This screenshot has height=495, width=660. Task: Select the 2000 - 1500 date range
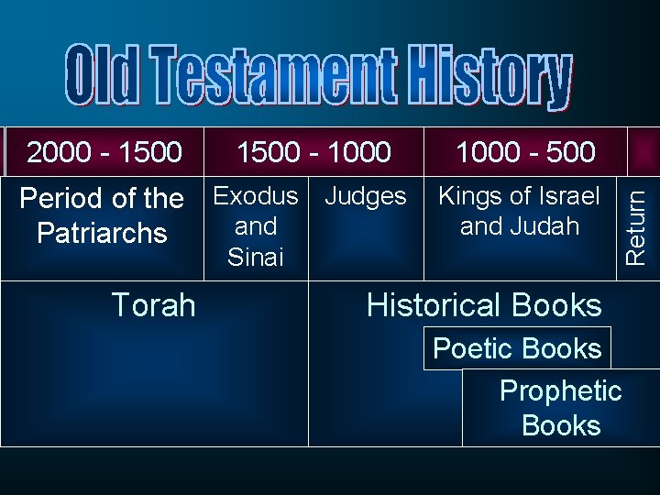click(x=104, y=151)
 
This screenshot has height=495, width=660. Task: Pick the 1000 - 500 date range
click(x=525, y=151)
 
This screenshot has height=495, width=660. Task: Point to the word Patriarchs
click(x=102, y=233)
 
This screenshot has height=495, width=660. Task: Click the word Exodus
click(x=256, y=195)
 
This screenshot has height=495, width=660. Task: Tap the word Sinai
click(x=256, y=258)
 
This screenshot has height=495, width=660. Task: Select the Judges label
click(x=366, y=195)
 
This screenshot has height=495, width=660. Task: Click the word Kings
click(x=470, y=195)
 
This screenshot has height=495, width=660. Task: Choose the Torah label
click(x=153, y=305)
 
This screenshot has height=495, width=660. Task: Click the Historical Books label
click(x=484, y=305)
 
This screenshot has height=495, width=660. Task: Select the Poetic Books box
click(x=517, y=348)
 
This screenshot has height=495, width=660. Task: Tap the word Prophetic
click(x=560, y=391)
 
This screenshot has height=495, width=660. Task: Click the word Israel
click(x=567, y=195)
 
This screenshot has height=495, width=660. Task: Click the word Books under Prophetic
click(x=560, y=425)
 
